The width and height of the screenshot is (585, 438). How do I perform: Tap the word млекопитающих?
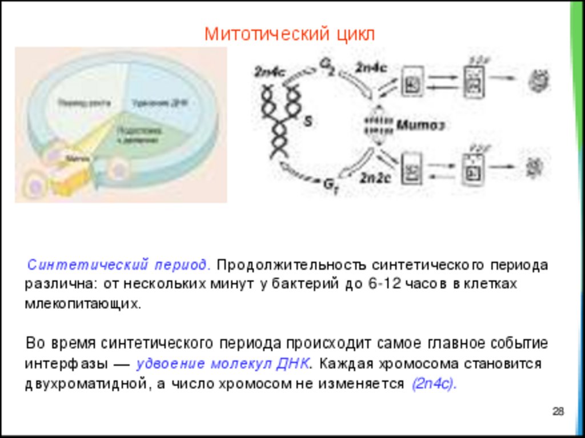point(82,303)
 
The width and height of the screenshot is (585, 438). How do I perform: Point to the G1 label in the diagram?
point(331,184)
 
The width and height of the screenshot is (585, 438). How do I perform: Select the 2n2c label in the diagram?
point(374,177)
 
